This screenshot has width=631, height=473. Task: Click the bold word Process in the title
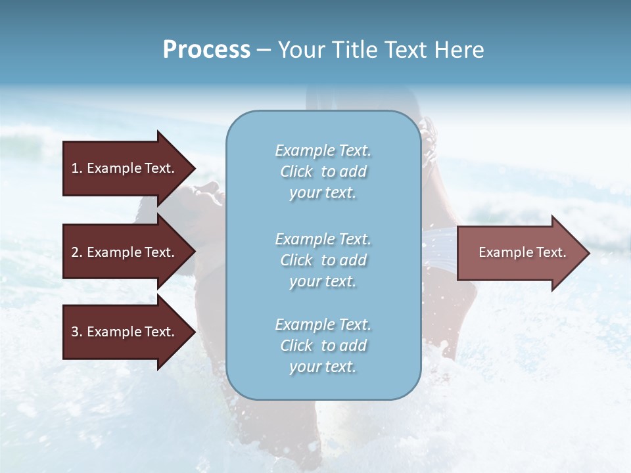point(206,50)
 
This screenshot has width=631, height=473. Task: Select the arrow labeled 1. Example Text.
point(125,168)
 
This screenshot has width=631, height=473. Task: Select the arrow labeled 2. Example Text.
point(125,252)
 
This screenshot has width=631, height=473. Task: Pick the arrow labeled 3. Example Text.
point(125,332)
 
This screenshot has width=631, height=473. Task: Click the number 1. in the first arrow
point(76,168)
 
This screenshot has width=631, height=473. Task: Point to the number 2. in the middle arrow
point(76,252)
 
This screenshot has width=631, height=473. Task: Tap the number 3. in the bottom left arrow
point(76,332)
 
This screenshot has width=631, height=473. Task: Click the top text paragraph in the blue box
point(323,171)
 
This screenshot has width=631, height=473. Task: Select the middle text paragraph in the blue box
point(323,260)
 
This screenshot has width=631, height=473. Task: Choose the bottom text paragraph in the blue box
point(323,346)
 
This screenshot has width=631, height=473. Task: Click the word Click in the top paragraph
point(296,171)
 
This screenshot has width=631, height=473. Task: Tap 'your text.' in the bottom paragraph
point(323,367)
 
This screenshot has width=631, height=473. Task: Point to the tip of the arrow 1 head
point(194,168)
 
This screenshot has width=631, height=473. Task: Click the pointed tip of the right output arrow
point(588,253)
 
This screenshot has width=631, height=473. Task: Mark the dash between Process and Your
point(264,50)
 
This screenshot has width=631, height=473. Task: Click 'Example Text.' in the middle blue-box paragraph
point(323,239)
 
